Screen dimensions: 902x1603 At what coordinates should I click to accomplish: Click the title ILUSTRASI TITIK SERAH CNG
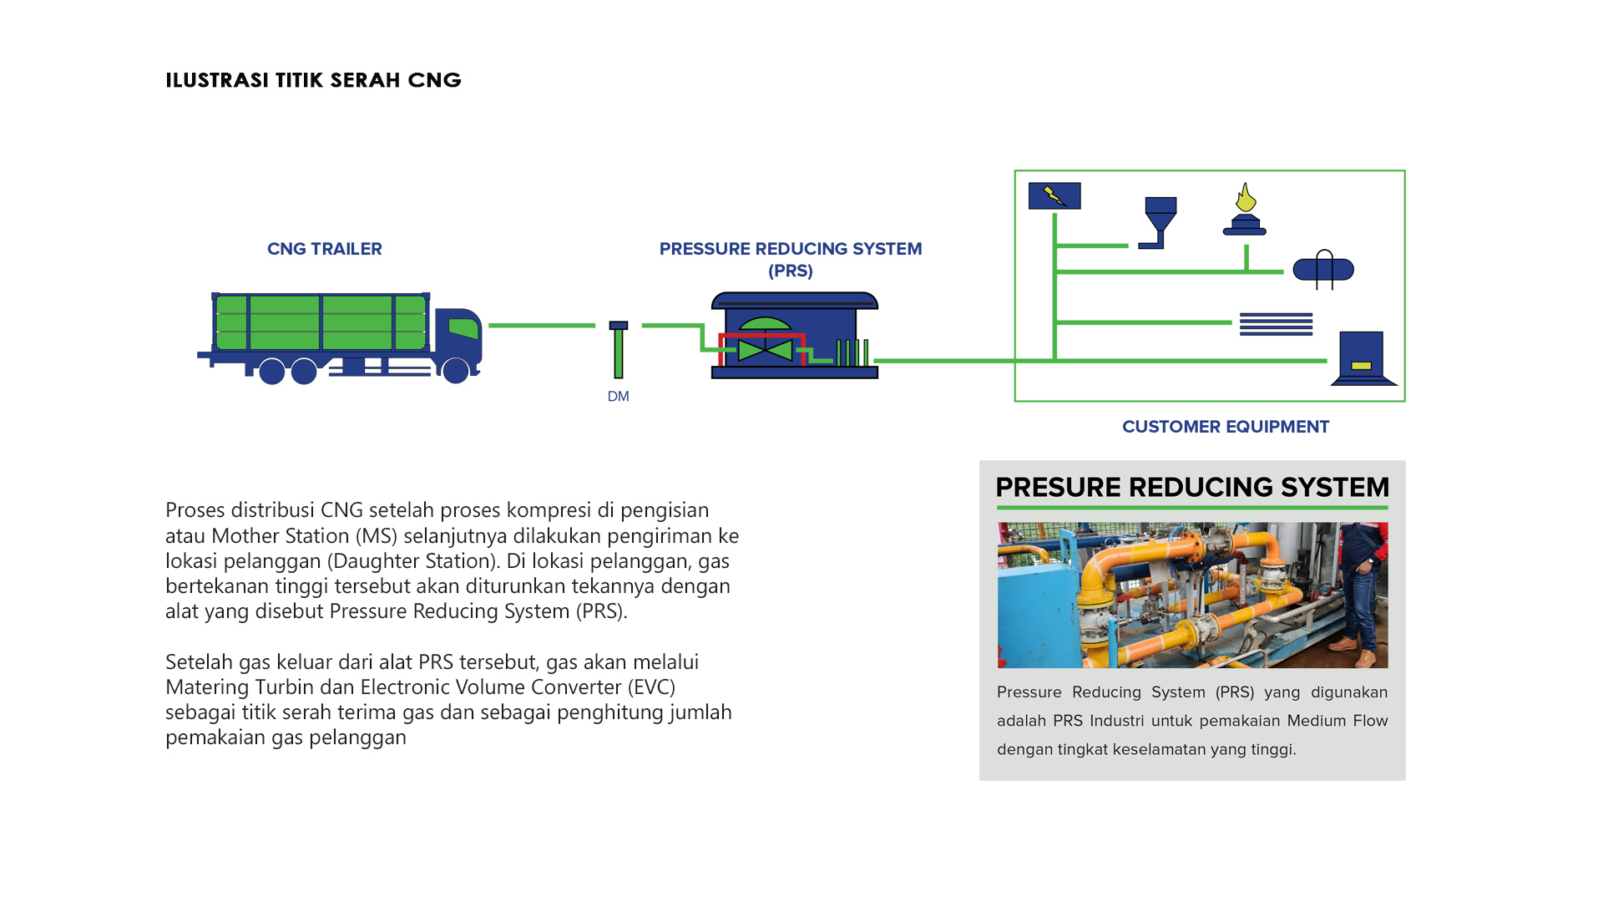tap(313, 80)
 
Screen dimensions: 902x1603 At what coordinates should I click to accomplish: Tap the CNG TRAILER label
tap(324, 249)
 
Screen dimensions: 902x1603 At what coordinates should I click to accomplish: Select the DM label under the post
tap(618, 397)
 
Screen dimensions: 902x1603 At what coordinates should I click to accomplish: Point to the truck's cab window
tap(464, 327)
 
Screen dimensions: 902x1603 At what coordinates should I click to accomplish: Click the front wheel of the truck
tap(455, 370)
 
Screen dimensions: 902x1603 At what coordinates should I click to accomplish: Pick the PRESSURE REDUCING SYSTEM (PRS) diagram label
tap(790, 259)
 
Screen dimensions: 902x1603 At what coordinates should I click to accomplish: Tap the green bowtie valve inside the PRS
tap(765, 349)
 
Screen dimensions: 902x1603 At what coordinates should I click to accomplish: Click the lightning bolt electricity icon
tap(1054, 195)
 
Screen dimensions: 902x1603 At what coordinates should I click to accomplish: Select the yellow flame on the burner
tap(1246, 198)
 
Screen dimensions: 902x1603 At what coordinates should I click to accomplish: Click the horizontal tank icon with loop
tap(1323, 269)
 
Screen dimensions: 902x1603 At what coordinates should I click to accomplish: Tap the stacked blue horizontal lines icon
tap(1276, 323)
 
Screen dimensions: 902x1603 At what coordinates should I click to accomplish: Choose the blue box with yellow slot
tap(1362, 357)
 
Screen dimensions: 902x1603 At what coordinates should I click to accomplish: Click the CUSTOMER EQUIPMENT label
tap(1225, 427)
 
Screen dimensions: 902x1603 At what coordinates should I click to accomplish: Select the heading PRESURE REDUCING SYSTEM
tap(1191, 487)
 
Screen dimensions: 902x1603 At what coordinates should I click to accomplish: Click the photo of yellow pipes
tap(1191, 595)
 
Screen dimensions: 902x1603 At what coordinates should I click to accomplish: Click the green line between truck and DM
tap(541, 325)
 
